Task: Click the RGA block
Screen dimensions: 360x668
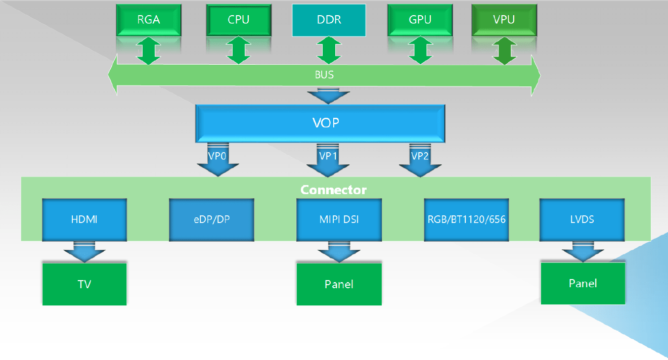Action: coord(149,20)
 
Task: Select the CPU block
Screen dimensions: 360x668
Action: coord(239,20)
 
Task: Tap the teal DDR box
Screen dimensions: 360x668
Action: coord(329,20)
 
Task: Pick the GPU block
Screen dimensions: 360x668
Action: coord(420,20)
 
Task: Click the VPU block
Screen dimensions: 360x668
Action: coord(504,20)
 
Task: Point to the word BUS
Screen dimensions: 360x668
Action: coord(324,75)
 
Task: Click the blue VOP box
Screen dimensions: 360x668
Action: coord(320,123)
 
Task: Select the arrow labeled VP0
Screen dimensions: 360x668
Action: coord(217,161)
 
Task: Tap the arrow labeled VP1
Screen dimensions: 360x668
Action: coord(328,161)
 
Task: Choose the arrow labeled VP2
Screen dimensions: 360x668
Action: coord(420,161)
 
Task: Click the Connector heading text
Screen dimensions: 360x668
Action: coord(333,190)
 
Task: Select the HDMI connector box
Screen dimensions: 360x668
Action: coord(84,219)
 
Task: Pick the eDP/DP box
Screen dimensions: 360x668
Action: coord(211,219)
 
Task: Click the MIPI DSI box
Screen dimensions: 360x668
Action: coord(339,219)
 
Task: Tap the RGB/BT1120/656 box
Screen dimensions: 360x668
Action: coord(466,219)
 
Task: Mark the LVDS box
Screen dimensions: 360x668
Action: coord(582,219)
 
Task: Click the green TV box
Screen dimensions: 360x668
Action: coord(84,284)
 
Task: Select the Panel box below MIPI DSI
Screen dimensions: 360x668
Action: coord(339,284)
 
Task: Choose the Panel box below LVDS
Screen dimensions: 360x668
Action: coord(583,283)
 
